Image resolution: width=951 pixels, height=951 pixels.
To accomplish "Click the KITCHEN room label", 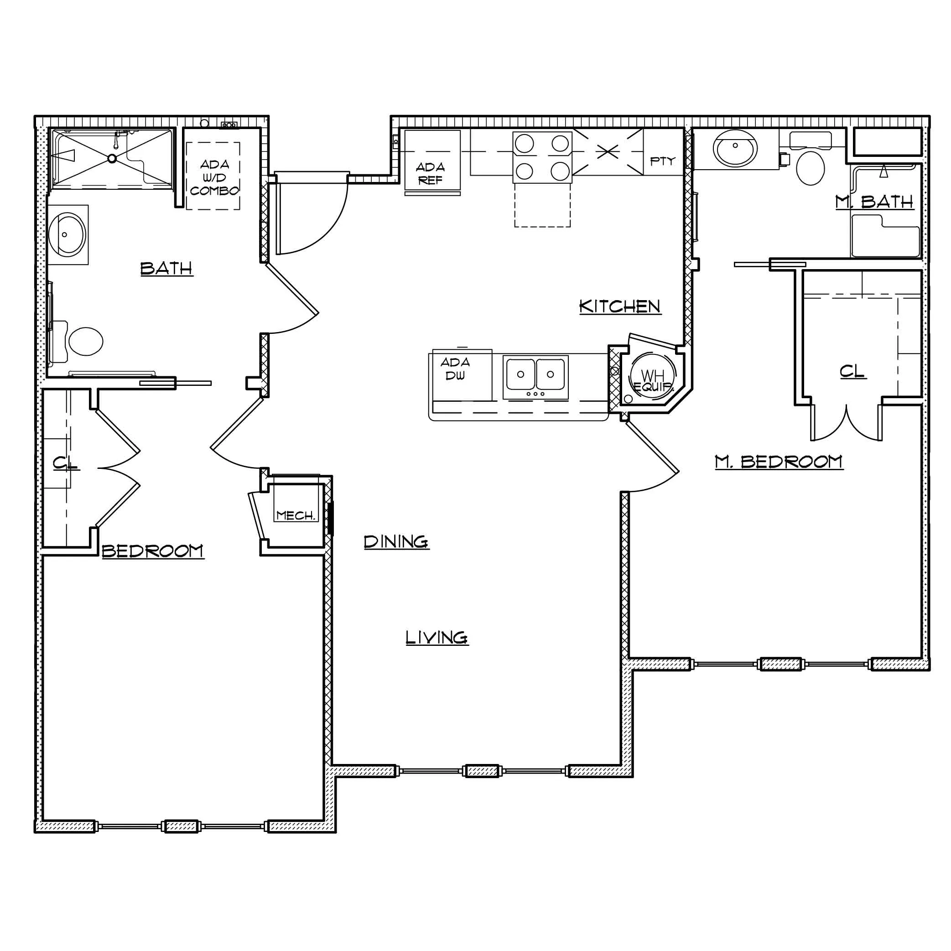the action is (x=620, y=306).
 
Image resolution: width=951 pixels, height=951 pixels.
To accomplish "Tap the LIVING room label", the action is (x=437, y=638).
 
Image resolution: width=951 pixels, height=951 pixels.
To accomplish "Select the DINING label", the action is (x=396, y=541).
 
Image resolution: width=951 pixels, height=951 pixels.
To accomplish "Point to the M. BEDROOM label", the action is (x=779, y=461).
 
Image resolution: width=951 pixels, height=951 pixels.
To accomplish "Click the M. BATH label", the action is (x=874, y=202).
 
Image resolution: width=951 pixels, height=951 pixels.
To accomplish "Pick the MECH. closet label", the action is (x=296, y=515).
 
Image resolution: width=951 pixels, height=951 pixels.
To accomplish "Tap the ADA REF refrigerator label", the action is (x=430, y=173).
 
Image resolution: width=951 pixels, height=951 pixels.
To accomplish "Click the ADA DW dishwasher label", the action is (x=455, y=369).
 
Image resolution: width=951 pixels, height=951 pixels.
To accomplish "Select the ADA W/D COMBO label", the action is (x=214, y=177).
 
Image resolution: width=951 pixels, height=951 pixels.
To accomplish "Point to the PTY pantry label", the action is (x=663, y=161).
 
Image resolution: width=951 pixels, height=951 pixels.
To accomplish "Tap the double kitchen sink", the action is (x=535, y=377).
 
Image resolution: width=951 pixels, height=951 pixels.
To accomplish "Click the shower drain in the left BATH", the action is (x=112, y=159).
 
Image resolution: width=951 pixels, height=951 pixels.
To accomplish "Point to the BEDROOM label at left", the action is (x=153, y=551).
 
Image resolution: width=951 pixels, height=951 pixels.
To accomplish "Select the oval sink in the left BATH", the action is (x=68, y=234).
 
